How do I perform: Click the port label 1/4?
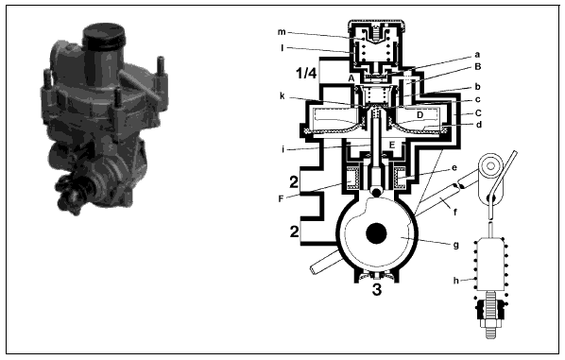pyautogui.click(x=306, y=73)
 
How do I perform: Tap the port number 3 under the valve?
pyautogui.click(x=377, y=289)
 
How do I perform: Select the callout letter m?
pyautogui.click(x=282, y=32)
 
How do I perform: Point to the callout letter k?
pyautogui.click(x=282, y=95)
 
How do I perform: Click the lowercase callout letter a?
pyautogui.click(x=477, y=55)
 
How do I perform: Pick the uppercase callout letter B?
pyautogui.click(x=478, y=67)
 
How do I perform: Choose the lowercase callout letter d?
pyautogui.click(x=479, y=125)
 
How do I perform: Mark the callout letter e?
pyautogui.click(x=454, y=168)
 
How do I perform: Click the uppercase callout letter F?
pyautogui.click(x=281, y=198)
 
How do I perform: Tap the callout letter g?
pyautogui.click(x=455, y=246)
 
